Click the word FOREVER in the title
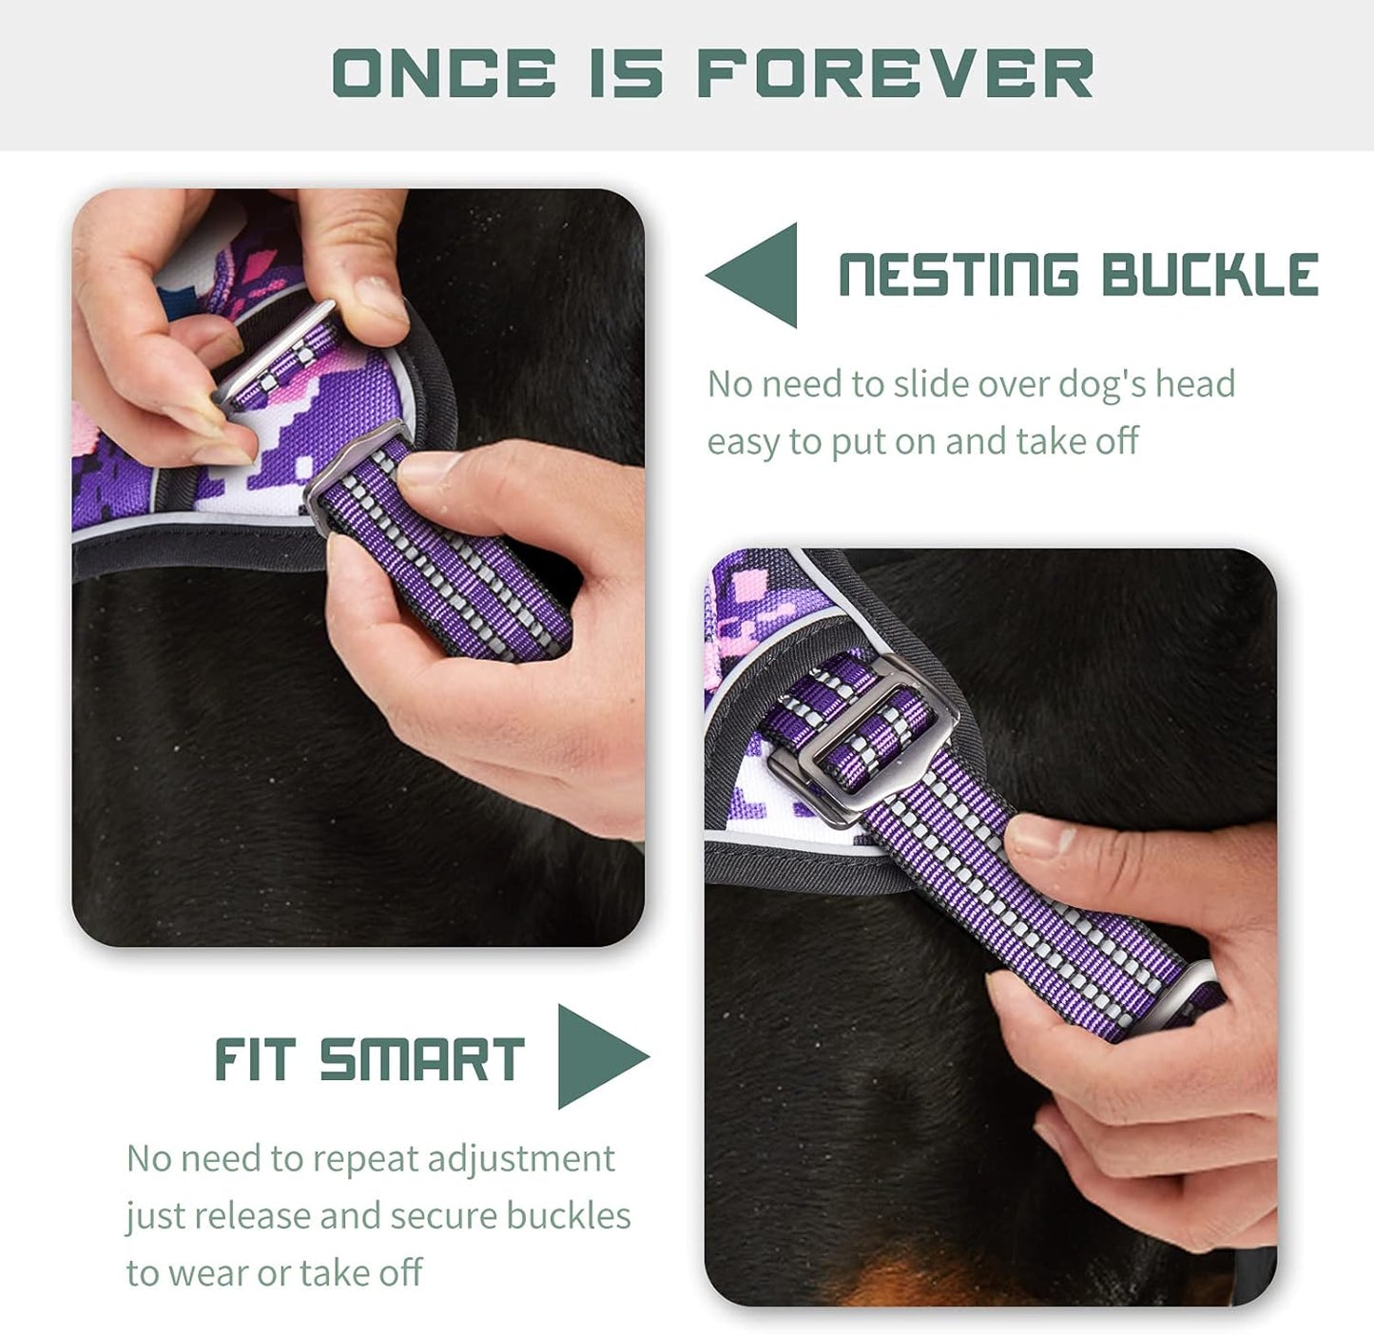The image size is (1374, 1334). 895,73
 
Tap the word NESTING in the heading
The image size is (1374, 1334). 958,276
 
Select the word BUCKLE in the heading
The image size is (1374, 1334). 1210,276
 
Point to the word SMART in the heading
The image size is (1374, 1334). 421,1059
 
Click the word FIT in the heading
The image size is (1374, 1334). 254,1059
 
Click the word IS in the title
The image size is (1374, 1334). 625,73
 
